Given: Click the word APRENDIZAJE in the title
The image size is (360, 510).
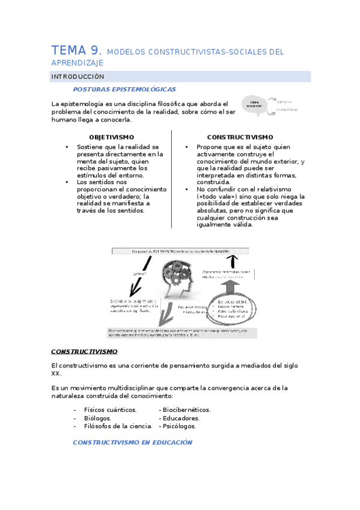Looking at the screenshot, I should coord(78,63).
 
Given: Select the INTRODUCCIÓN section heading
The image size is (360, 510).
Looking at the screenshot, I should coord(78,77).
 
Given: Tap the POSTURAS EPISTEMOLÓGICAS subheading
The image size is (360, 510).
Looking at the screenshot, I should coord(124,89).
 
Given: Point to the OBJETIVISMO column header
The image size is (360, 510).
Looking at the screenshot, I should coord(111,137).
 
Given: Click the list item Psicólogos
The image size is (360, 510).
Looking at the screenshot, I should coord(180,426).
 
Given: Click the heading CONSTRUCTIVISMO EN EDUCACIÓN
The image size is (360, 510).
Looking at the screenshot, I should coord(132,442).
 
